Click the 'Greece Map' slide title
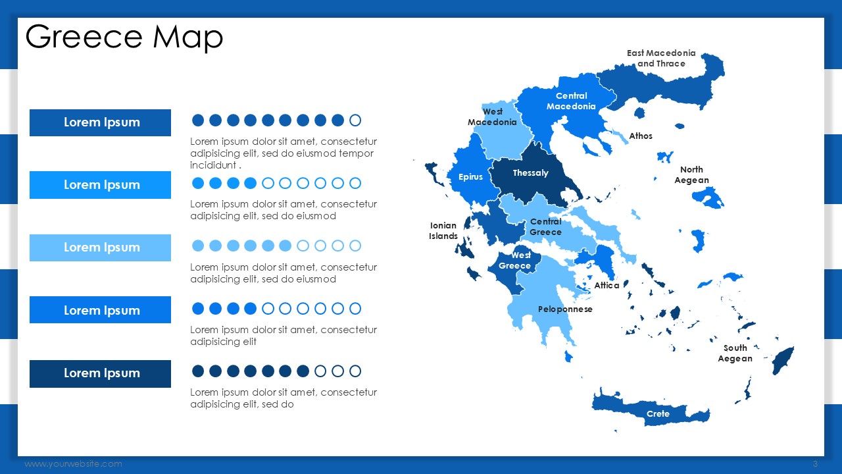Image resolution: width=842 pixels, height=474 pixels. point(124,37)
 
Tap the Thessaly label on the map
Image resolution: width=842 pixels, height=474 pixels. point(530,173)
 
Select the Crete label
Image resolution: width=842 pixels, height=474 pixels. point(658,414)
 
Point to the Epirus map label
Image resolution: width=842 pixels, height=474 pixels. point(470,177)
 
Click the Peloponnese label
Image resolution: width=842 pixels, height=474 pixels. point(565,309)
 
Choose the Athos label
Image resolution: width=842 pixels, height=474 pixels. point(641,136)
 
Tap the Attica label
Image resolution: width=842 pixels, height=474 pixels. point(607,286)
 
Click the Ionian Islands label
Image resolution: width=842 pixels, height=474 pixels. point(443,230)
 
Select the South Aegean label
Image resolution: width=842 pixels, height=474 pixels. point(735,354)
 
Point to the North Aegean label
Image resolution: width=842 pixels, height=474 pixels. point(691,174)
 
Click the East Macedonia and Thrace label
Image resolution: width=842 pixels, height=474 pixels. point(661,59)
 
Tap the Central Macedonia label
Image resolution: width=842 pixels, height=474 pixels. point(571,101)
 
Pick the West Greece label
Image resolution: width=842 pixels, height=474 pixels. point(514,260)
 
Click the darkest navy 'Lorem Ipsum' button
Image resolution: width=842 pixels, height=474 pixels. point(100,373)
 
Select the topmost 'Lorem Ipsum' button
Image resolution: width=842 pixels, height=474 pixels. point(100,122)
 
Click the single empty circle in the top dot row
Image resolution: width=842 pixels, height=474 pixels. point(355,120)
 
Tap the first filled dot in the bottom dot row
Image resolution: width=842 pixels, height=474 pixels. point(198,371)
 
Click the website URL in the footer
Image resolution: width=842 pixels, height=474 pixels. point(73,464)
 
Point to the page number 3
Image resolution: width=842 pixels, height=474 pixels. point(815,464)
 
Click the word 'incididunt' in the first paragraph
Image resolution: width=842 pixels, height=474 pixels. point(213,165)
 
